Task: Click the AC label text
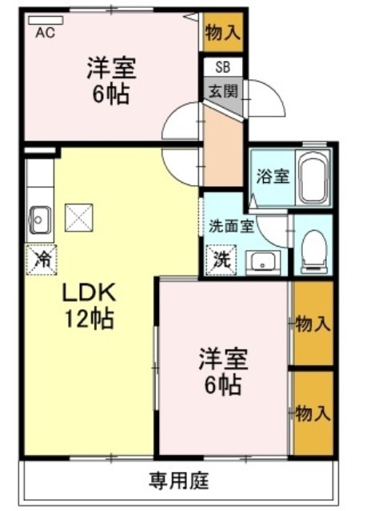pos(45,32)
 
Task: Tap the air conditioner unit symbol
pos(46,20)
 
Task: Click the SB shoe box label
pos(223,67)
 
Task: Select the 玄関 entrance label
pos(224,91)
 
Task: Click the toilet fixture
pos(313,251)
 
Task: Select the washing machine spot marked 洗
pos(222,259)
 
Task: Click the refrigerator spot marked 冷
pos(42,259)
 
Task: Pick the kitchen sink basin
pos(40,221)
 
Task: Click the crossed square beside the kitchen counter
pos(79,218)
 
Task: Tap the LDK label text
pos(89,292)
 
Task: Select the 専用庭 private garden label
pos(179,481)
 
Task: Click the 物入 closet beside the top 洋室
pos(223,32)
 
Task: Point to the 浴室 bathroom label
pos(273,176)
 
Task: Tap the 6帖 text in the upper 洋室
pos(111,94)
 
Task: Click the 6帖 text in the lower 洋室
pos(223,385)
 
